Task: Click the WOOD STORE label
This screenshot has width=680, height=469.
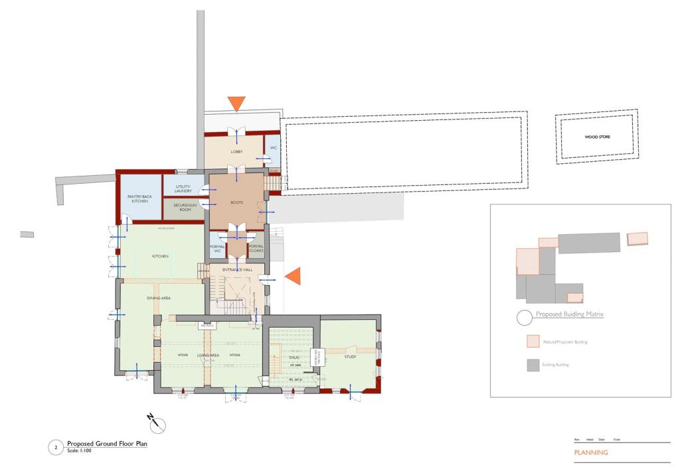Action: tap(597, 137)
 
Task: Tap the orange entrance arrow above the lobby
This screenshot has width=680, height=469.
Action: tap(236, 103)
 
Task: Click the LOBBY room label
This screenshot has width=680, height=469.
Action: tap(236, 152)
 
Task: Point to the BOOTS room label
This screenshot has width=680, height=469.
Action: tap(236, 202)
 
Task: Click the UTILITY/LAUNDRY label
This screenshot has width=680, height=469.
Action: tap(183, 189)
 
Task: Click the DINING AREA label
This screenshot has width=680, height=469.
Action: tap(159, 299)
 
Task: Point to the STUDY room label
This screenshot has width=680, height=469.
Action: tap(350, 357)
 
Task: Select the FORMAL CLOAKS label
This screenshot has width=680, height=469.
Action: tap(256, 249)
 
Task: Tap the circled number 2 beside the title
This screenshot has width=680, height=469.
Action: tap(56, 448)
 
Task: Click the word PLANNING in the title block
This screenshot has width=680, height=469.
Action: tap(591, 453)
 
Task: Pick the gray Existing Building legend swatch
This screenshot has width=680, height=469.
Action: tap(533, 366)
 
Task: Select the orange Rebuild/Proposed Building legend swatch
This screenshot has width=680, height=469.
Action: tap(533, 342)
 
